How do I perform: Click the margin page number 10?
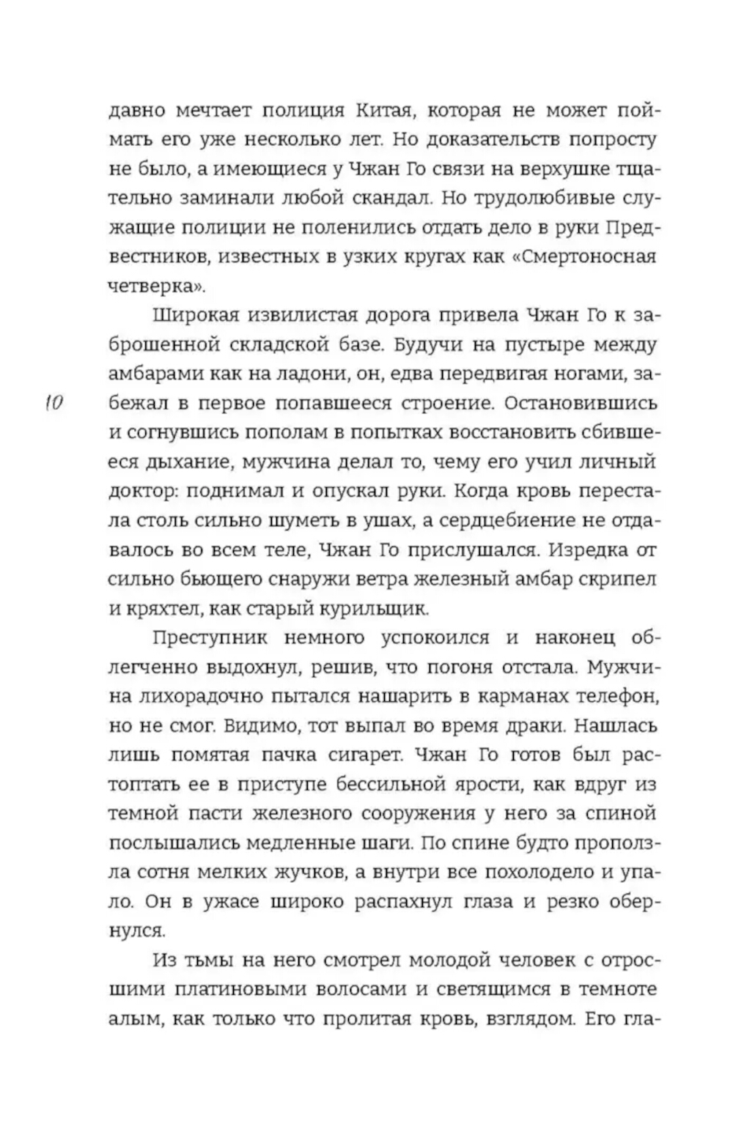pos(54,404)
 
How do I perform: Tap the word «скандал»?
pos(411,199)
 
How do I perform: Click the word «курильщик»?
pos(378,609)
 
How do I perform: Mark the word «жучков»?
pos(283,873)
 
